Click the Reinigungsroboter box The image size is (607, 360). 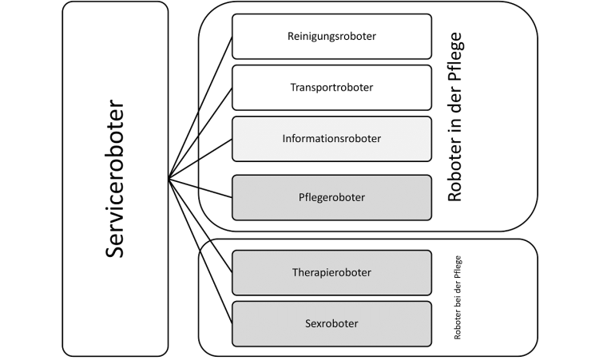(331, 36)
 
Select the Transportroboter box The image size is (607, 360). (331, 87)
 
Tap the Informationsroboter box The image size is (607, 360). (331, 138)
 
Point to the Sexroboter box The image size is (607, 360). (331, 323)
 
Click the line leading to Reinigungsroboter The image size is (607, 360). (200, 107)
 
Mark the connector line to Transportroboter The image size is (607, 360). (200, 133)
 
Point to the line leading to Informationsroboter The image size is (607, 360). (200, 158)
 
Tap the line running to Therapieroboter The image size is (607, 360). (200, 225)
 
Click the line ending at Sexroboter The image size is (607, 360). (200, 250)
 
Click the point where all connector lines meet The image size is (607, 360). (169, 178)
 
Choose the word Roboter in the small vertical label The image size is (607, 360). (458, 327)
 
